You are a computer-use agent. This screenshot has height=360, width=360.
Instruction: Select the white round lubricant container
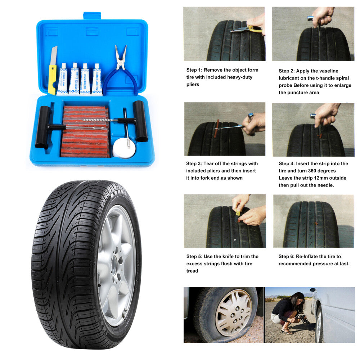click(124, 148)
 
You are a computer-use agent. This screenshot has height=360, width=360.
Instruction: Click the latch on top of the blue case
click(92, 15)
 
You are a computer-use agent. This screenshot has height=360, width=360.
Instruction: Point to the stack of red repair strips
click(85, 131)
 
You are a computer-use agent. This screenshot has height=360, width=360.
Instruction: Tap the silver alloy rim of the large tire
click(116, 266)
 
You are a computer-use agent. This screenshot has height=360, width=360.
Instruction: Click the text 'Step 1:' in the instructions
click(194, 70)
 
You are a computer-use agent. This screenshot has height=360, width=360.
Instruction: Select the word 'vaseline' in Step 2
click(329, 71)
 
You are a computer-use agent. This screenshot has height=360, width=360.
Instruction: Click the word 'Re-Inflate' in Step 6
click(307, 256)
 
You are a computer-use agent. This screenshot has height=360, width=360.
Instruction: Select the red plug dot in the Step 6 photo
click(316, 223)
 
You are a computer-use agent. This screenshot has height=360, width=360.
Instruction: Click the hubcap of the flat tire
click(233, 312)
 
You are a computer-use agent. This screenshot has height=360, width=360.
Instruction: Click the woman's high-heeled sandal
click(286, 332)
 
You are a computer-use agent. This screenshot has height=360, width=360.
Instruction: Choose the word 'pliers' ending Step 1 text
click(193, 85)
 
